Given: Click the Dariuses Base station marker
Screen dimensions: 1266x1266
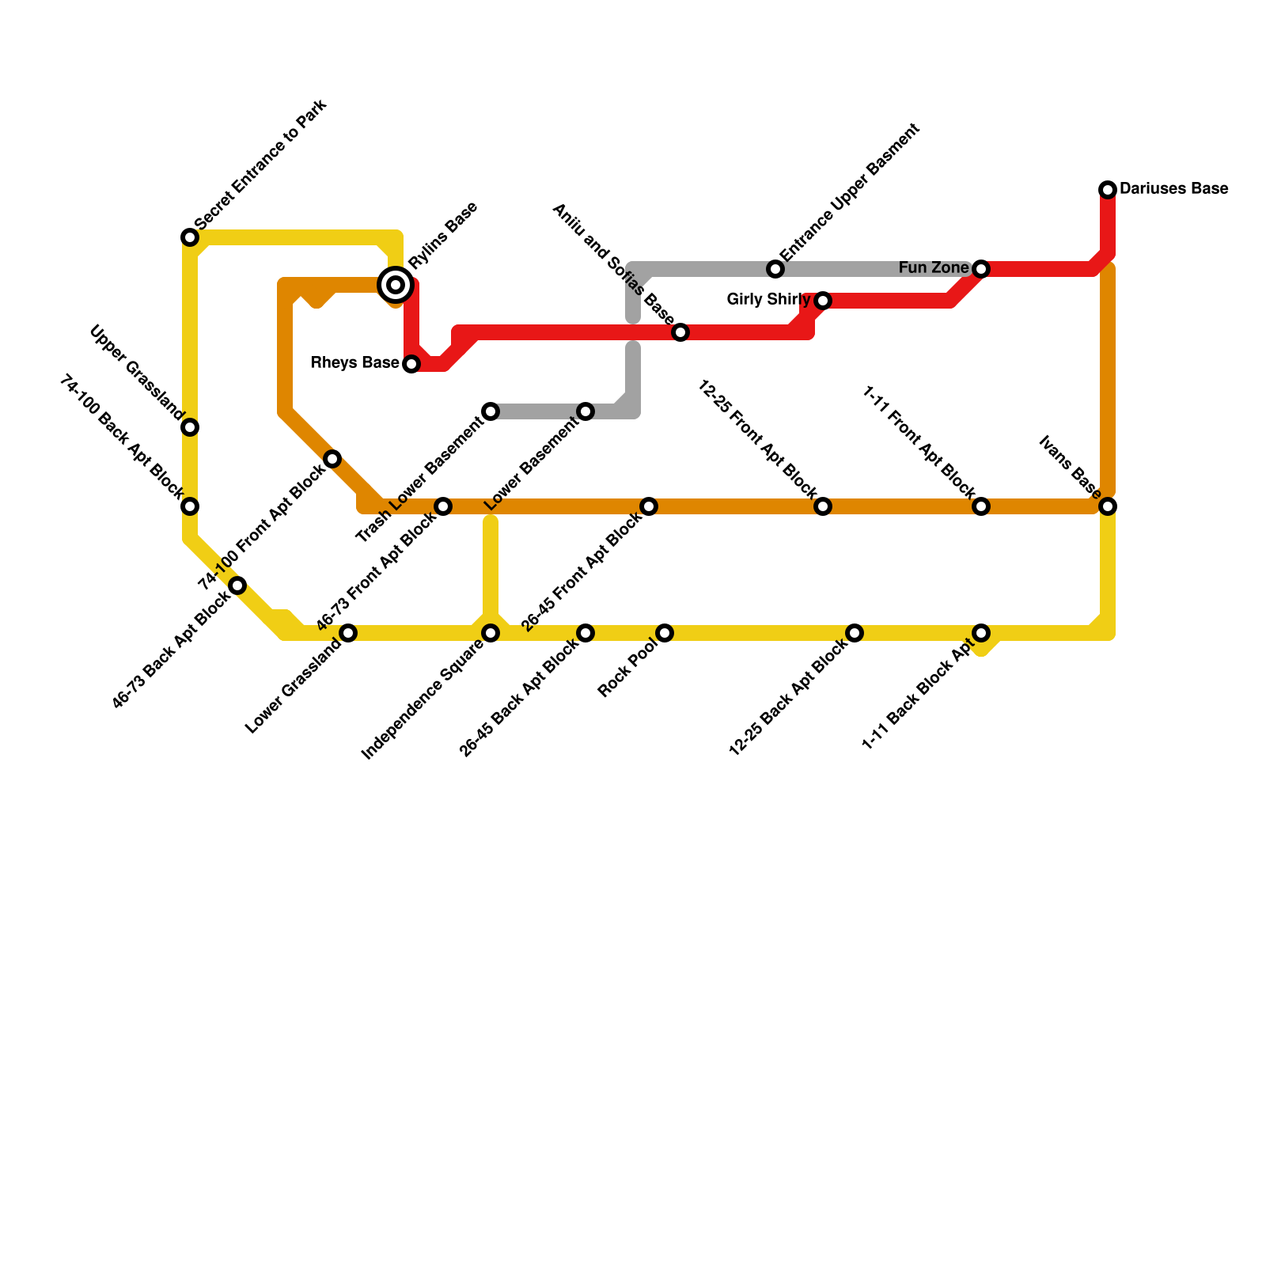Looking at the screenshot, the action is [1108, 189].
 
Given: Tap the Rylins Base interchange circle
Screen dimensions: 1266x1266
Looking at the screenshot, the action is [396, 284].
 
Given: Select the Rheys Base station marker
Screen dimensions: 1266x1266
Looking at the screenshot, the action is [411, 364].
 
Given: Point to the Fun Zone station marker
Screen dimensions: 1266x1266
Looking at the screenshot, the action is [981, 269].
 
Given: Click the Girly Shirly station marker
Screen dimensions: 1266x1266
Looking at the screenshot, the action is [823, 301].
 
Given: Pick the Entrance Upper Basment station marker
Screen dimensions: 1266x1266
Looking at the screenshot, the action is [775, 269].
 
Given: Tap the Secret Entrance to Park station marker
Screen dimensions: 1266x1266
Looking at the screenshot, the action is [190, 237].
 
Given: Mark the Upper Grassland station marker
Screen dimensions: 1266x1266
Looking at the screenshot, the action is [190, 427].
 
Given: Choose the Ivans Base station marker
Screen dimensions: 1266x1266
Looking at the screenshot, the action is [1108, 506].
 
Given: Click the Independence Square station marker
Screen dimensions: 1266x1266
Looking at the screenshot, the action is [491, 633].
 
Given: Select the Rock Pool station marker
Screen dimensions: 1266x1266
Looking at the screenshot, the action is [665, 633].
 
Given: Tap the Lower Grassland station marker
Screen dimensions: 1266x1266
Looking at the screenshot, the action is [348, 633].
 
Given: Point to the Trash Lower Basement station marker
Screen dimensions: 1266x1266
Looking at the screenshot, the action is [491, 411].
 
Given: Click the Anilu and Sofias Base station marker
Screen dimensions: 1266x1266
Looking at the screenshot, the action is [680, 332].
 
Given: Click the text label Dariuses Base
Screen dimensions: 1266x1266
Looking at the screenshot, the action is [1173, 189].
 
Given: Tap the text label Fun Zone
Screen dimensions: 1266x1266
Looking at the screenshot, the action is [934, 269].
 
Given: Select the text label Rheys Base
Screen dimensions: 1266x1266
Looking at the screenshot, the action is [354, 363].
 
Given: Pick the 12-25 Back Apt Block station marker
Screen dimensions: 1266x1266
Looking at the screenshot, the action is [855, 633].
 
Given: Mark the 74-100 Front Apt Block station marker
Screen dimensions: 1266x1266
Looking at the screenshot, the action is [332, 459].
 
